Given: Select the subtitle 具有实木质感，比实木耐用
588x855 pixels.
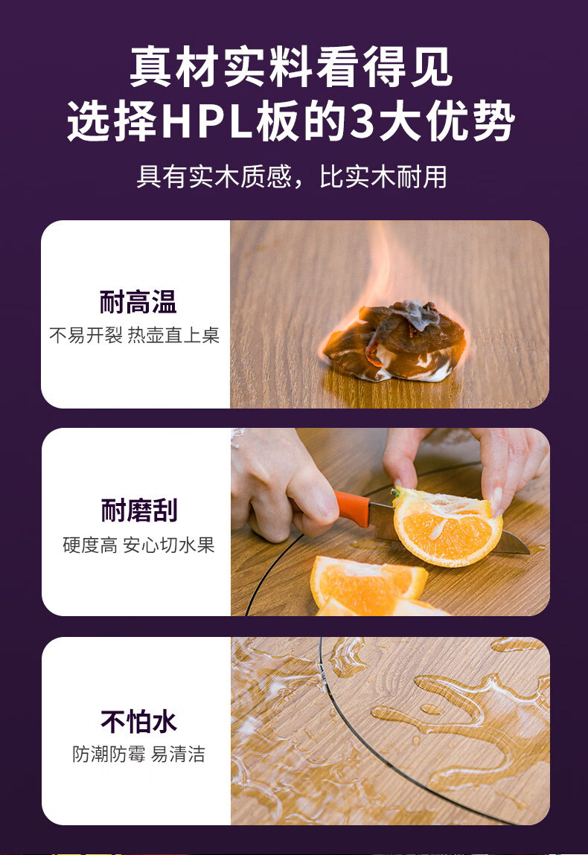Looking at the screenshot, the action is pos(292,176).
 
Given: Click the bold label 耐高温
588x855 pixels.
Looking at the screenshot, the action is pos(138,301).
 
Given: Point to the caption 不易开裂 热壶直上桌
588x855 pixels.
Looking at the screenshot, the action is pos(134,335).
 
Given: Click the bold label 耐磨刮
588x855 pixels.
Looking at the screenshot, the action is pos(139,510).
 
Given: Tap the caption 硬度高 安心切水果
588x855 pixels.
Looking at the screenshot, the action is pos(138,545).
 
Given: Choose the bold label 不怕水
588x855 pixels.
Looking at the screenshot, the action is pos(138,721).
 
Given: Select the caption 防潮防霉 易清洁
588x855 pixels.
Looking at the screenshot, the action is pos(138,754).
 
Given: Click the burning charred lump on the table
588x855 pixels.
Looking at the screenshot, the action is pos(394,342).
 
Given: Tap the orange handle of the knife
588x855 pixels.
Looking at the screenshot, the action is pos(353,508).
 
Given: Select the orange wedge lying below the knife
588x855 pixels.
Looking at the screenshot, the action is pos(368,583).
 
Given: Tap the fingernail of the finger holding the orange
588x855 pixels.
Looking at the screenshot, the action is pos(497,501).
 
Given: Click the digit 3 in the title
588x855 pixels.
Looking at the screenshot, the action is pos(362,121).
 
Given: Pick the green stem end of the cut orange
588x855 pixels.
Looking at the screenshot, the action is pos(397,493).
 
